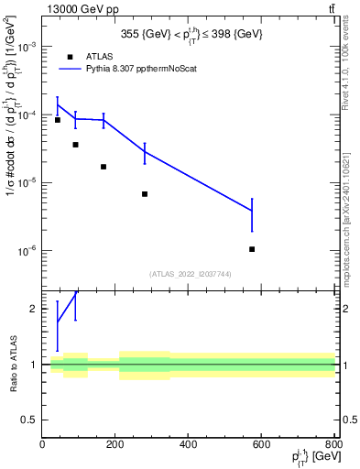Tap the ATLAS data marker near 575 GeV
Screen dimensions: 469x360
252,249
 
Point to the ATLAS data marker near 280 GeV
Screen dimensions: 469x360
145,194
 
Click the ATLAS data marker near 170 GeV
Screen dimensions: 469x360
104,167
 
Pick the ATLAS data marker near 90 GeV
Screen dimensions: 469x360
75,145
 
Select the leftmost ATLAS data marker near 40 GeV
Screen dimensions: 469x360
58,120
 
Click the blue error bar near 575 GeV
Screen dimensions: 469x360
252,214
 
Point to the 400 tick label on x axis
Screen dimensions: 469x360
189,444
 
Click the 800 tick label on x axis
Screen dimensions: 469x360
333,444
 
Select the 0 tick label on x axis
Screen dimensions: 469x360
43,444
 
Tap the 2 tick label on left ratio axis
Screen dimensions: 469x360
33,310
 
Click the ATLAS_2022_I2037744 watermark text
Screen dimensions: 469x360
191,273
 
